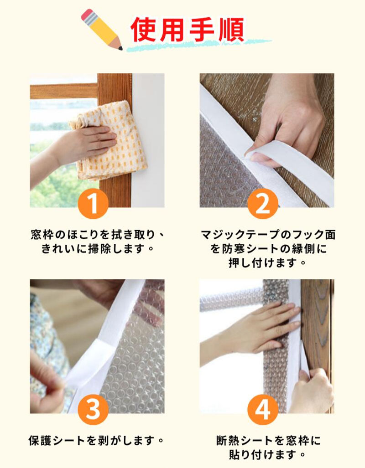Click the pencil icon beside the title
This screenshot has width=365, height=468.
tap(102, 29)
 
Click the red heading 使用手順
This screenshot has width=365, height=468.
tap(187, 30)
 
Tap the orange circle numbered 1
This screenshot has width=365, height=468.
tap(93, 204)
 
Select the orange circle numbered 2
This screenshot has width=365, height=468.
tap(263, 204)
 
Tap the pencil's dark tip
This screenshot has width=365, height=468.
tap(120, 48)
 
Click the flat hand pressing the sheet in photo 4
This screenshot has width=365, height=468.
tap(254, 328)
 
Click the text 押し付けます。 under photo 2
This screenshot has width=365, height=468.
tap(267, 263)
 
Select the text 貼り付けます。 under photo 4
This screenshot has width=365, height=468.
tap(267, 455)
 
